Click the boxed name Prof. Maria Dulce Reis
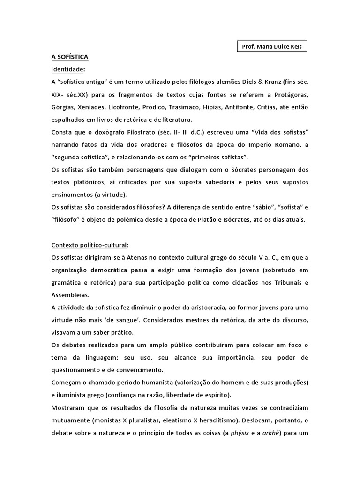(x=271, y=47)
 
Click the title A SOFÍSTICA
(x=70, y=57)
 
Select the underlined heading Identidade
(x=68, y=69)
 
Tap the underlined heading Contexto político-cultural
(x=90, y=245)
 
